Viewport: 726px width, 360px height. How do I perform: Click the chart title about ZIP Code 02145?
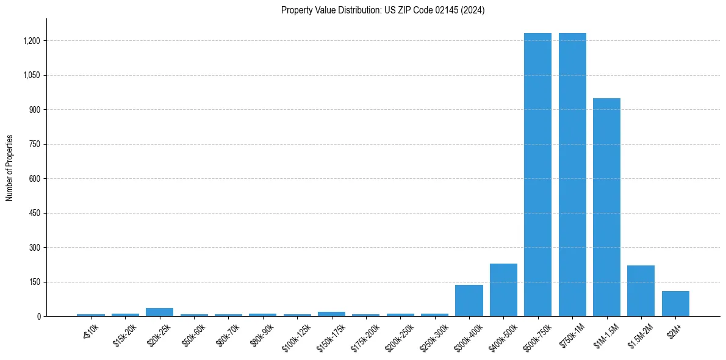(x=383, y=10)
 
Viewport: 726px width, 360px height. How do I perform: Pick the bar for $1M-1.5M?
(x=606, y=207)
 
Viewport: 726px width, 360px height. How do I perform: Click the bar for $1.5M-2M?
(x=641, y=291)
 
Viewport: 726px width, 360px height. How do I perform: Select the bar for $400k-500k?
(x=503, y=290)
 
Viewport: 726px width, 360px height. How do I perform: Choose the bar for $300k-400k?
(x=469, y=301)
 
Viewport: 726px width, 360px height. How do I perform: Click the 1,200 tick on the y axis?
(x=31, y=41)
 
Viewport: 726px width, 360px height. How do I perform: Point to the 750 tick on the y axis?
(x=34, y=145)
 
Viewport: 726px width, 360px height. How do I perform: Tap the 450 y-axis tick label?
(x=34, y=214)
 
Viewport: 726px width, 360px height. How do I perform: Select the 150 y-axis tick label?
(x=34, y=283)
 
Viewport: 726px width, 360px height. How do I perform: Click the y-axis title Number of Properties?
(x=10, y=168)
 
